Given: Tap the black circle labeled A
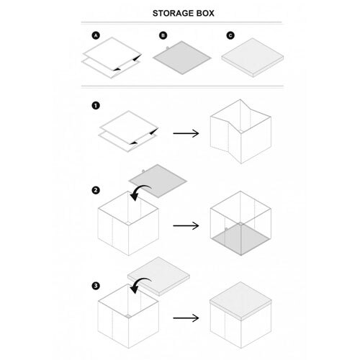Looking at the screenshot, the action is [x=96, y=35].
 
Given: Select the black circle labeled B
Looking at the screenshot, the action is [x=163, y=35].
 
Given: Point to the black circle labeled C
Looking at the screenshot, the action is [x=230, y=35].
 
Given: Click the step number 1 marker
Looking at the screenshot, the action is [x=96, y=106].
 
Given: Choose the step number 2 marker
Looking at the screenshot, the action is [x=96, y=190].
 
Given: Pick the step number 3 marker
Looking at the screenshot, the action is [x=96, y=286].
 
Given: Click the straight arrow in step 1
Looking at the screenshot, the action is [x=186, y=133].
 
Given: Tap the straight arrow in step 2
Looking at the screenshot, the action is [x=186, y=225].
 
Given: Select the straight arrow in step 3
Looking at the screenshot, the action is [x=186, y=318].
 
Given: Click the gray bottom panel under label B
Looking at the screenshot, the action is [x=182, y=58].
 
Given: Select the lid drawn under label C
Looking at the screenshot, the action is [x=253, y=58].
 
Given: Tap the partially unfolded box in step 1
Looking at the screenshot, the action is [x=240, y=132].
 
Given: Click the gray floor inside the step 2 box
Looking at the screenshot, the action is [x=240, y=239].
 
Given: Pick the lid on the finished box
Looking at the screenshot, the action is [x=240, y=301].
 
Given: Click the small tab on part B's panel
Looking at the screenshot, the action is [x=167, y=48].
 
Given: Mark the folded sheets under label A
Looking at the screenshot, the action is [x=112, y=58].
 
